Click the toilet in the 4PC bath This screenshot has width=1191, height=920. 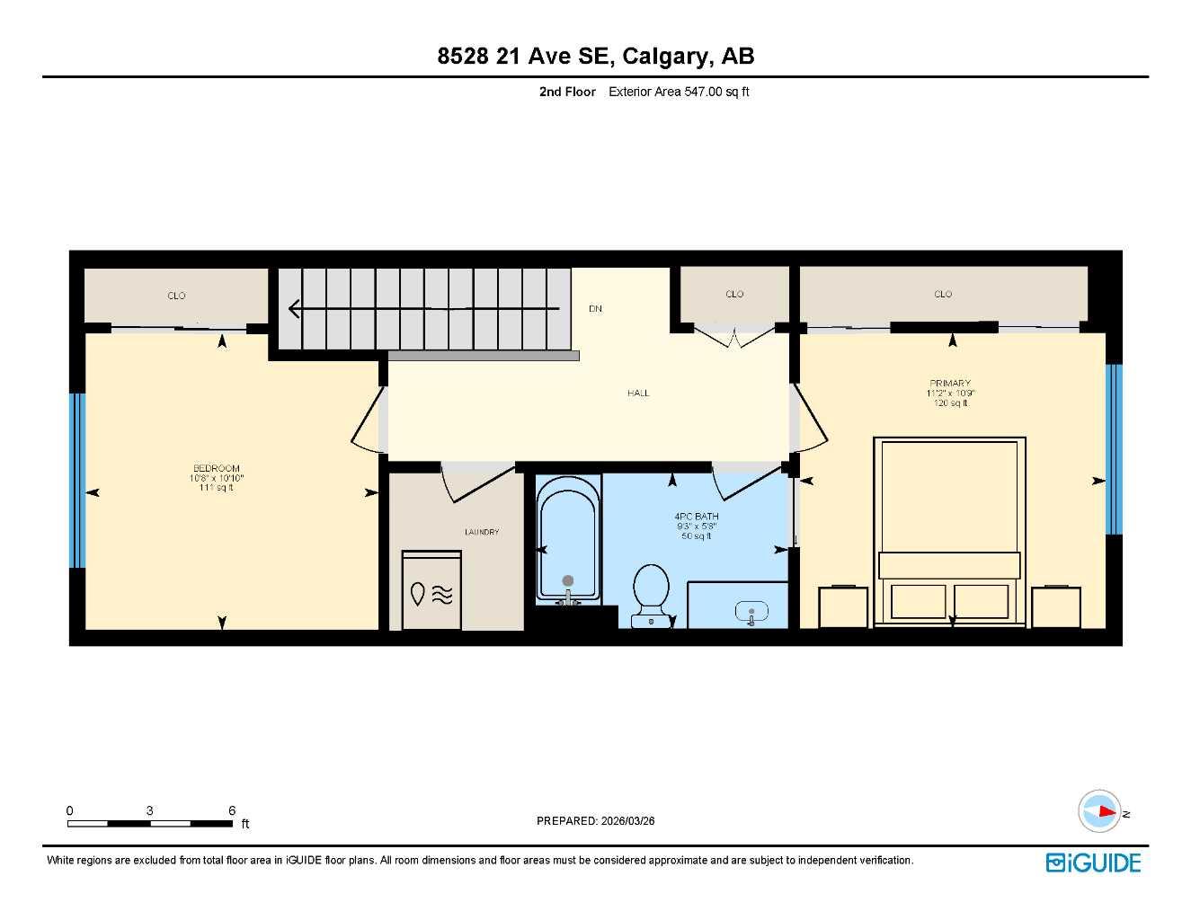(650, 592)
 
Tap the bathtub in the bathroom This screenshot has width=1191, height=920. (567, 544)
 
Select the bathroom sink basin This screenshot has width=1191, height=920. (751, 613)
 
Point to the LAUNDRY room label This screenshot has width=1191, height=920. (482, 532)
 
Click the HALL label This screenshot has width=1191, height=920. (638, 393)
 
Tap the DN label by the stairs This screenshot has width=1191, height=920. (595, 309)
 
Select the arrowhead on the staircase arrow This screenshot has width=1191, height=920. (294, 309)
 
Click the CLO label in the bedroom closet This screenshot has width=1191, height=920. (176, 296)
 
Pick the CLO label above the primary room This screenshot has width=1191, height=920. (943, 294)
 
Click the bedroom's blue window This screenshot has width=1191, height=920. (77, 481)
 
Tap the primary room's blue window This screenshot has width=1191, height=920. (1114, 448)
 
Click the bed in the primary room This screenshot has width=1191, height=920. (950, 530)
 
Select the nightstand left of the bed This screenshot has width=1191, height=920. (842, 607)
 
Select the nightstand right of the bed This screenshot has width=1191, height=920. (1055, 607)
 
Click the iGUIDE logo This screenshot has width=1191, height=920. (1093, 862)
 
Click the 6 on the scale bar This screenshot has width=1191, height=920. (232, 810)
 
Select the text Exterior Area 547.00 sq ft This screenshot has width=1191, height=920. (679, 92)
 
